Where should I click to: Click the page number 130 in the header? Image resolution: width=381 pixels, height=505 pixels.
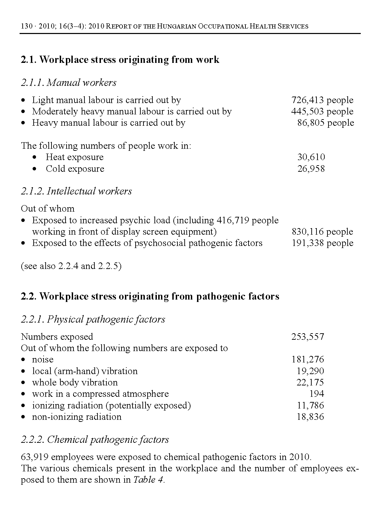(x=26, y=26)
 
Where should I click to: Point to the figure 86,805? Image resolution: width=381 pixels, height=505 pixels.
(x=311, y=123)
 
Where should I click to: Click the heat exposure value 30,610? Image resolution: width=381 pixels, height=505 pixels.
(x=311, y=157)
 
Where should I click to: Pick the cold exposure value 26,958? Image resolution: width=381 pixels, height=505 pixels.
(x=311, y=169)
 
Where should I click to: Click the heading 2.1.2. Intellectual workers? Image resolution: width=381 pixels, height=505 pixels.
(x=76, y=191)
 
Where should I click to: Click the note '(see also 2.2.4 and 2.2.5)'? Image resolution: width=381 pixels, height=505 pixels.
(x=71, y=266)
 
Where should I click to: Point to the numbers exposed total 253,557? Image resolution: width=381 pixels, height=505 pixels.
(x=308, y=337)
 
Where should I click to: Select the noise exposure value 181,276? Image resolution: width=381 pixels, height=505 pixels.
(x=308, y=360)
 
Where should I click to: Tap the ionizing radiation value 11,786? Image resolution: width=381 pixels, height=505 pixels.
(x=310, y=405)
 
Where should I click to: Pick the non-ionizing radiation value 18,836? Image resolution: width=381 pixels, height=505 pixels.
(x=310, y=417)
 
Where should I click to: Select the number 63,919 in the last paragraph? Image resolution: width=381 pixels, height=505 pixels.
(x=34, y=457)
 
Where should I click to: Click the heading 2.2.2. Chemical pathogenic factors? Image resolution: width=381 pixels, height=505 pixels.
(x=95, y=440)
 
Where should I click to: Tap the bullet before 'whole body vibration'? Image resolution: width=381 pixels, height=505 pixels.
(x=23, y=383)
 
